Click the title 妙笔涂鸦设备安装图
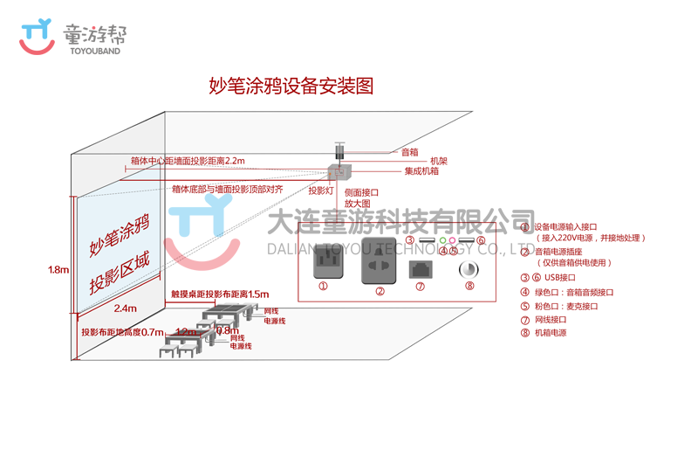point(291,86)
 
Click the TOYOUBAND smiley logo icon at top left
point(38,38)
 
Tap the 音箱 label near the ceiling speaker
point(409,152)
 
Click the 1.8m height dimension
point(58,270)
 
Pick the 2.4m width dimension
point(125,308)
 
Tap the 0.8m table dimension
point(226,330)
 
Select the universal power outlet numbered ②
point(380,259)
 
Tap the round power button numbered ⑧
point(469,268)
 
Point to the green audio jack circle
point(442,240)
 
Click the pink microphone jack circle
point(453,240)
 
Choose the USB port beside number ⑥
point(466,240)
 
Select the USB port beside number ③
point(427,240)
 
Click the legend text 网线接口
point(551,319)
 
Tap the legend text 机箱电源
point(551,332)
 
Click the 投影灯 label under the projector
point(320,190)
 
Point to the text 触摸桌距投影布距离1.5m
point(220,294)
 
